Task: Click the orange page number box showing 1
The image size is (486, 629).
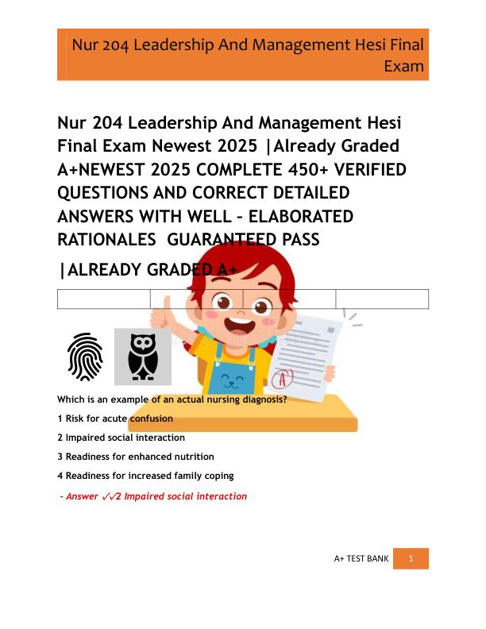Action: (411, 558)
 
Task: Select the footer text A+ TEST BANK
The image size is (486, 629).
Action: (361, 559)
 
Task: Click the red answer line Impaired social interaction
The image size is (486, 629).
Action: (154, 496)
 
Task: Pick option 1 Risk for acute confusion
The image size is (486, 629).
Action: (115, 418)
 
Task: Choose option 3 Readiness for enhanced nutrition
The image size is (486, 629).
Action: (136, 457)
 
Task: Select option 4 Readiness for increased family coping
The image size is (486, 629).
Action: (145, 476)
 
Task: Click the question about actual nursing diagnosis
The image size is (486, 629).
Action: (172, 399)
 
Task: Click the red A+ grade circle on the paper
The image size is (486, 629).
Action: (280, 376)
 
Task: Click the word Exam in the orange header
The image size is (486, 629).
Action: (403, 66)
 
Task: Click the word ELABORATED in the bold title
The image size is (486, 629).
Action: (306, 216)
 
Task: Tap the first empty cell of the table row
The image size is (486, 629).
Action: (104, 299)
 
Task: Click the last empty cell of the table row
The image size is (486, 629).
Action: (382, 299)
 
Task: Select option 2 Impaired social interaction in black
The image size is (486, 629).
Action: (121, 438)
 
